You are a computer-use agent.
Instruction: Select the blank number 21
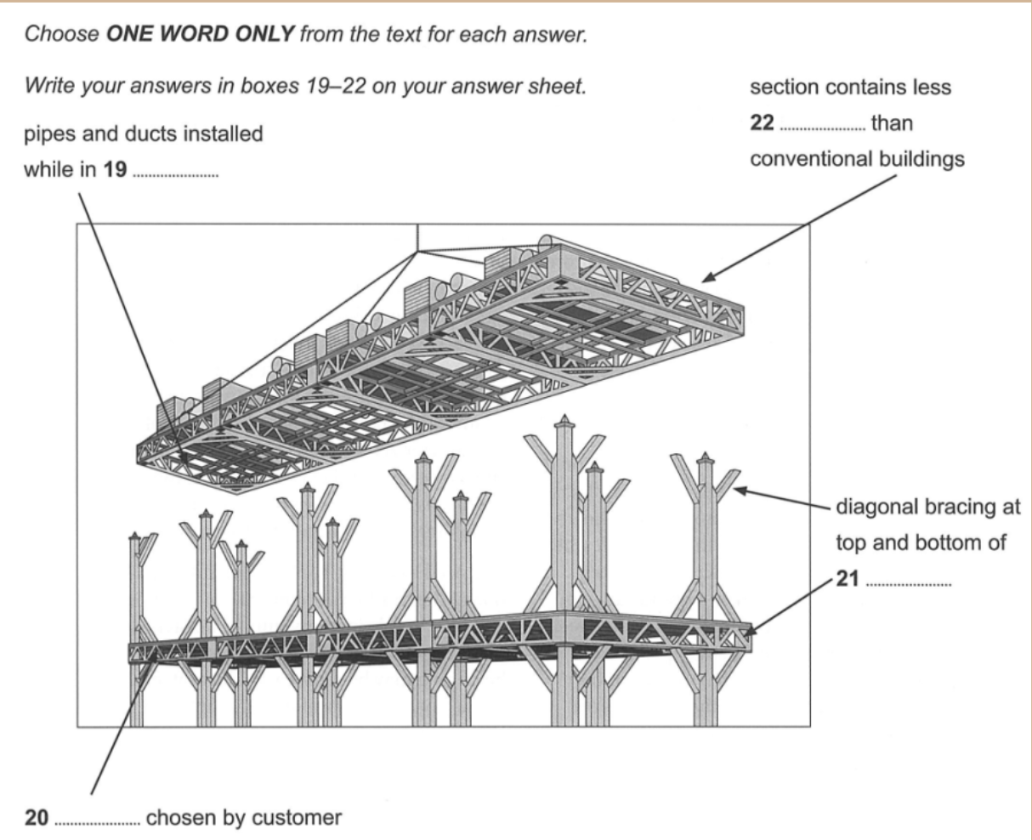908,586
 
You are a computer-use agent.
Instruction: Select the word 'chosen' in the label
176,818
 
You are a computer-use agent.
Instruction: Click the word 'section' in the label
780,88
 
